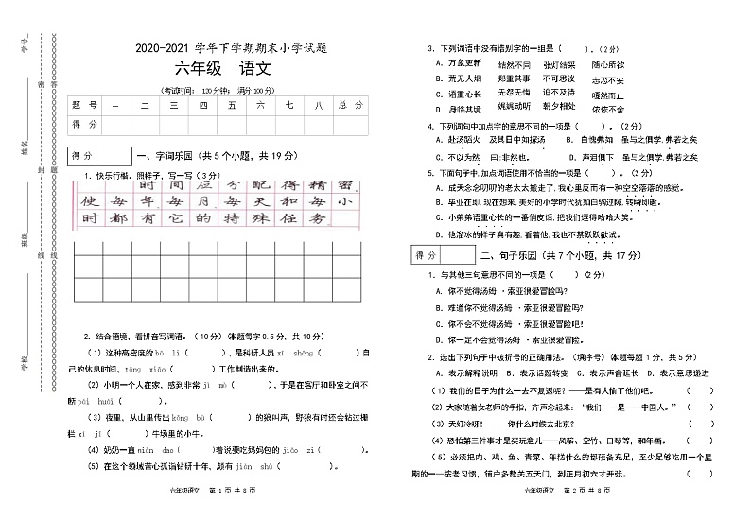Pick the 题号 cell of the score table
pos(84,106)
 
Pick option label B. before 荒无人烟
pos(440,78)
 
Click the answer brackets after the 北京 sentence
pos(700,423)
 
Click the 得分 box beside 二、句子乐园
pos(444,255)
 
